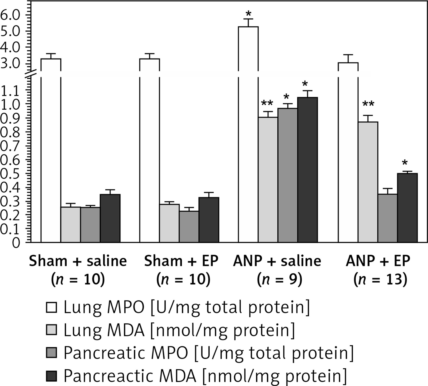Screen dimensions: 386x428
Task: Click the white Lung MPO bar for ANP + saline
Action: pos(248,136)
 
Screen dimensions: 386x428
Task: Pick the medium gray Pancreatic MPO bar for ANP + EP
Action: pos(387,218)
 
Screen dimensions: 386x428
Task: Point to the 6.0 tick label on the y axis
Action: pos(11,15)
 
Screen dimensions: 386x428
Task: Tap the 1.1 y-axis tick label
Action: pos(11,90)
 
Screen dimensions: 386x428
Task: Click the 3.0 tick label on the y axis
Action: pos(11,63)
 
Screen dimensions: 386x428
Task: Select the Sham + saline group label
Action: pos(78,261)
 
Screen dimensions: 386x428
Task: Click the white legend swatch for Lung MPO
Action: pos(52,308)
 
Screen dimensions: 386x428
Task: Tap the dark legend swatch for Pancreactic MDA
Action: pos(52,376)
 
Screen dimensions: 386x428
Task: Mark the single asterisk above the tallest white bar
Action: pos(248,14)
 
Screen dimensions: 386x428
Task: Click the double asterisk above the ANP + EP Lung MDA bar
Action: pos(368,104)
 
